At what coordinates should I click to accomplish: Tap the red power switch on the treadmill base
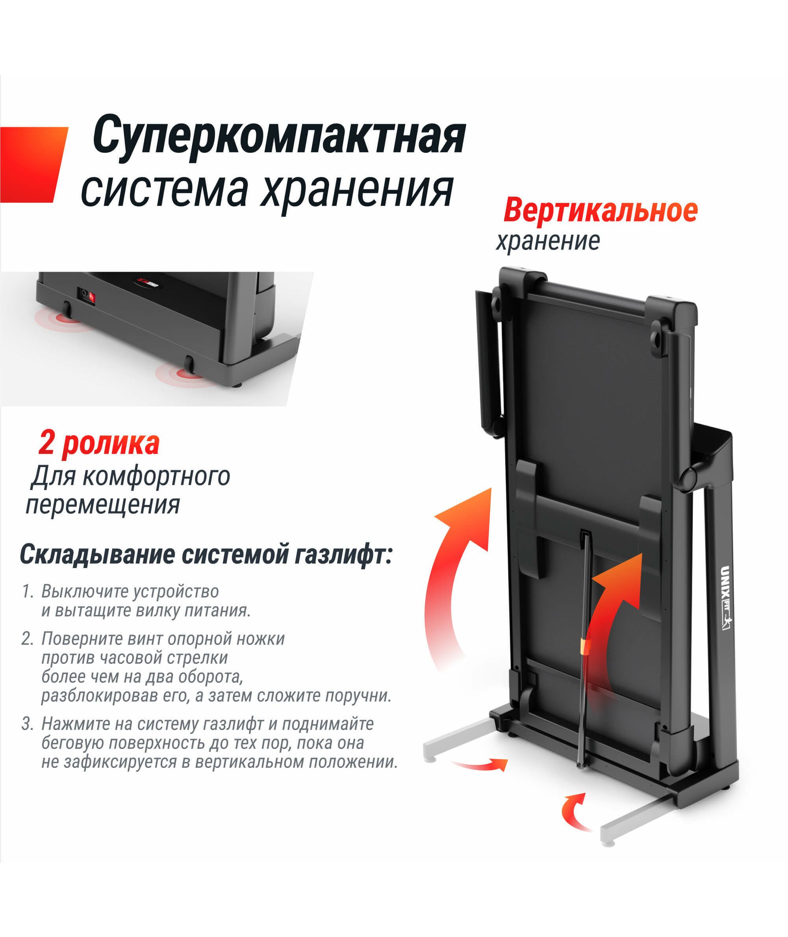91,296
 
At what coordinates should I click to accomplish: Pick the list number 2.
27,639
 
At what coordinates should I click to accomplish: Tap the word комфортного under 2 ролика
156,477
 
